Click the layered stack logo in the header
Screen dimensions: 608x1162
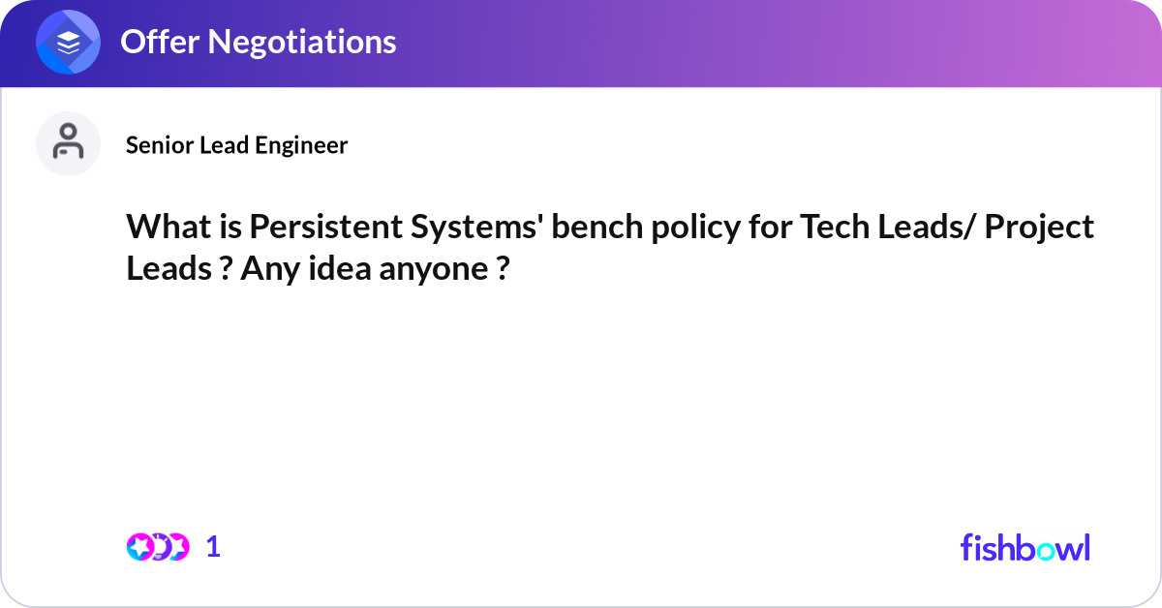[x=69, y=43]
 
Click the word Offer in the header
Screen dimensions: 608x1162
[x=159, y=42]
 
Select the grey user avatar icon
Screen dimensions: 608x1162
[x=68, y=143]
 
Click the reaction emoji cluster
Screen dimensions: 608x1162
[x=157, y=547]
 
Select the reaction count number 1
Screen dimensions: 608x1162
[x=213, y=547]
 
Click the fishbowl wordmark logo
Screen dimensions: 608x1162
[x=1024, y=547]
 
